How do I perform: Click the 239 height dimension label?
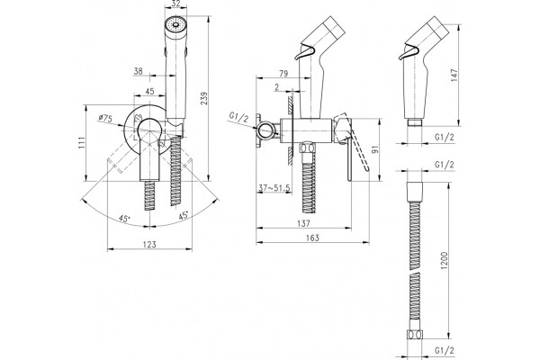tap(204, 98)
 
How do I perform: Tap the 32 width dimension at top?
tap(175, 4)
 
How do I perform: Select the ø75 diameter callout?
tap(105, 119)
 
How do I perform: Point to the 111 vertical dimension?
tap(81, 142)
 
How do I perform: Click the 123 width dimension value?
tap(149, 245)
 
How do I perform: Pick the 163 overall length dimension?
tap(312, 238)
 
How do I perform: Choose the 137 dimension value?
tap(303, 223)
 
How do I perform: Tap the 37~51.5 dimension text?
tap(274, 188)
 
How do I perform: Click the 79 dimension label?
tap(283, 74)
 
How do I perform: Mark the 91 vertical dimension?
tap(375, 149)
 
